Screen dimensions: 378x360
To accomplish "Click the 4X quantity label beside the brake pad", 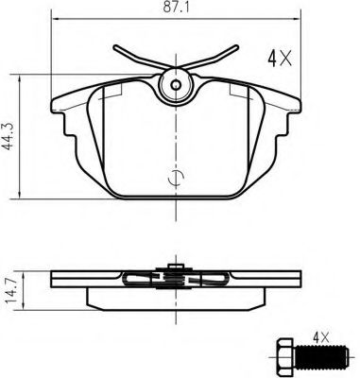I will [x=280, y=58].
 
